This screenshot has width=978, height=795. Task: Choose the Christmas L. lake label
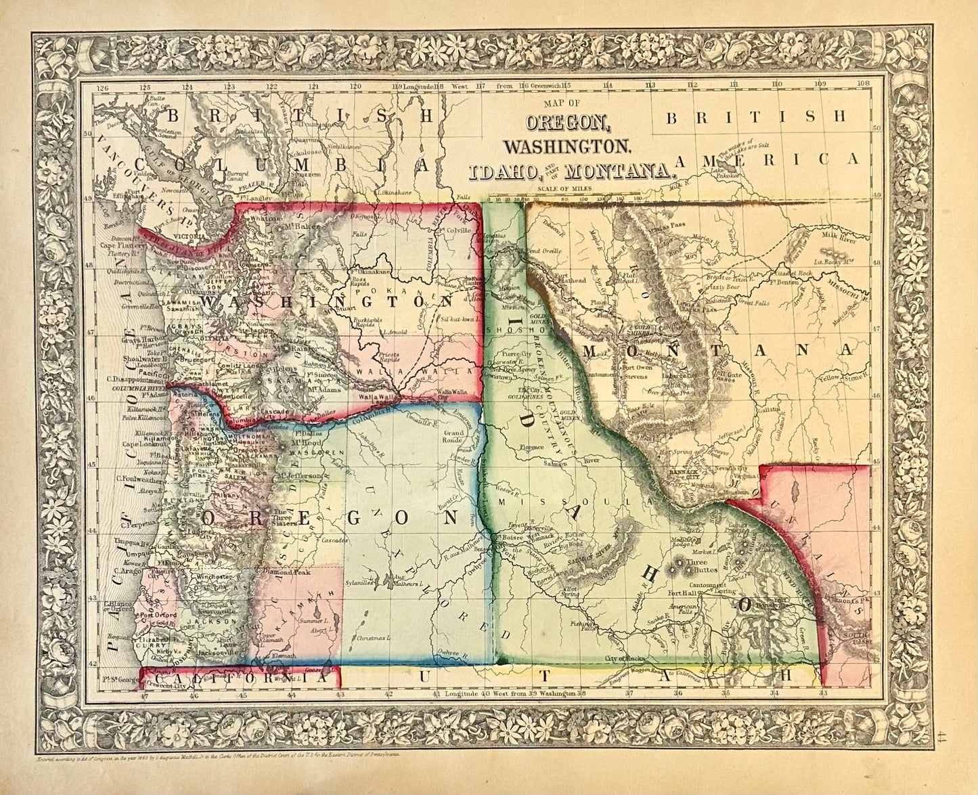coord(373,638)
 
